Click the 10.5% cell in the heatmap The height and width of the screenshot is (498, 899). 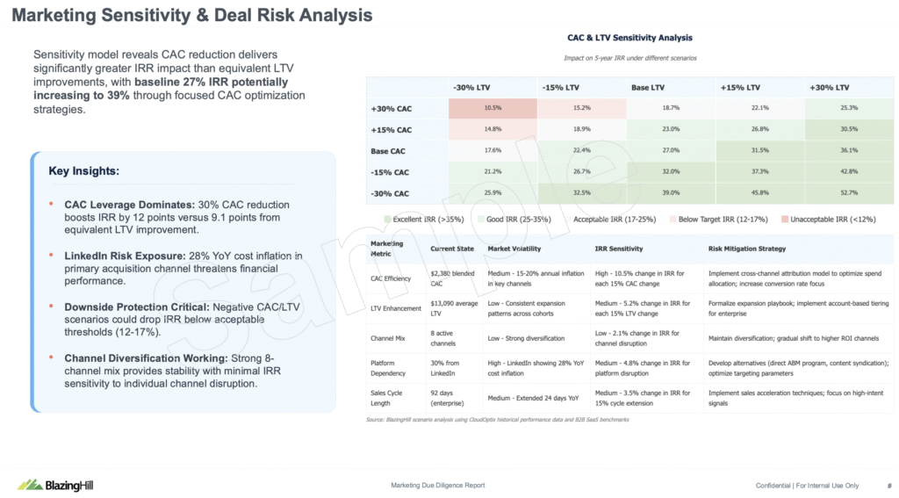[493, 108]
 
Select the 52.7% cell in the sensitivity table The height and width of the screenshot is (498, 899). [848, 193]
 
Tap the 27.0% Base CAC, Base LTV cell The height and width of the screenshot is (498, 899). [670, 151]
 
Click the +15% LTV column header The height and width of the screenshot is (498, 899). [741, 88]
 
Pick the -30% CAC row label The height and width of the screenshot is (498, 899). [390, 193]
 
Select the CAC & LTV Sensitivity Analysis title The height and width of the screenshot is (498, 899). [629, 38]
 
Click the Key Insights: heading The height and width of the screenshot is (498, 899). [84, 171]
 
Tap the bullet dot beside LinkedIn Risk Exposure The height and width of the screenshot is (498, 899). [52, 256]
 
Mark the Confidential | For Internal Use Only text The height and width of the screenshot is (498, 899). [807, 486]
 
